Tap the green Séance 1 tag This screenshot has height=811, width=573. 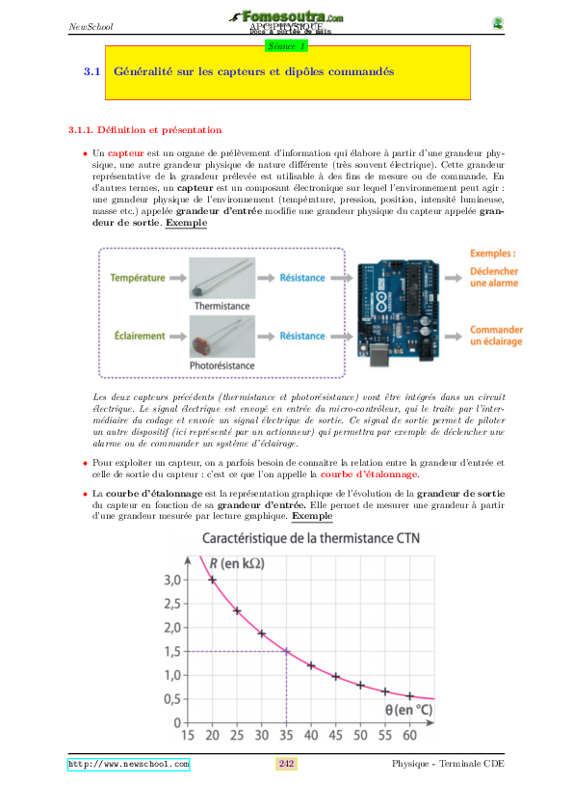point(286,45)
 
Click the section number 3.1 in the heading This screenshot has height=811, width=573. point(92,71)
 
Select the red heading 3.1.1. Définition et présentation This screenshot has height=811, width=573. point(144,129)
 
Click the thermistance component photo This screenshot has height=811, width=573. point(221,278)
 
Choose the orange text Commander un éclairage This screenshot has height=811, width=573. point(495,336)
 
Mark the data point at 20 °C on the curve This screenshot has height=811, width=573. point(213,580)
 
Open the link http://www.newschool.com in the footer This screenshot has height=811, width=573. point(128,764)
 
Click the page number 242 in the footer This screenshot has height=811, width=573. point(286,764)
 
